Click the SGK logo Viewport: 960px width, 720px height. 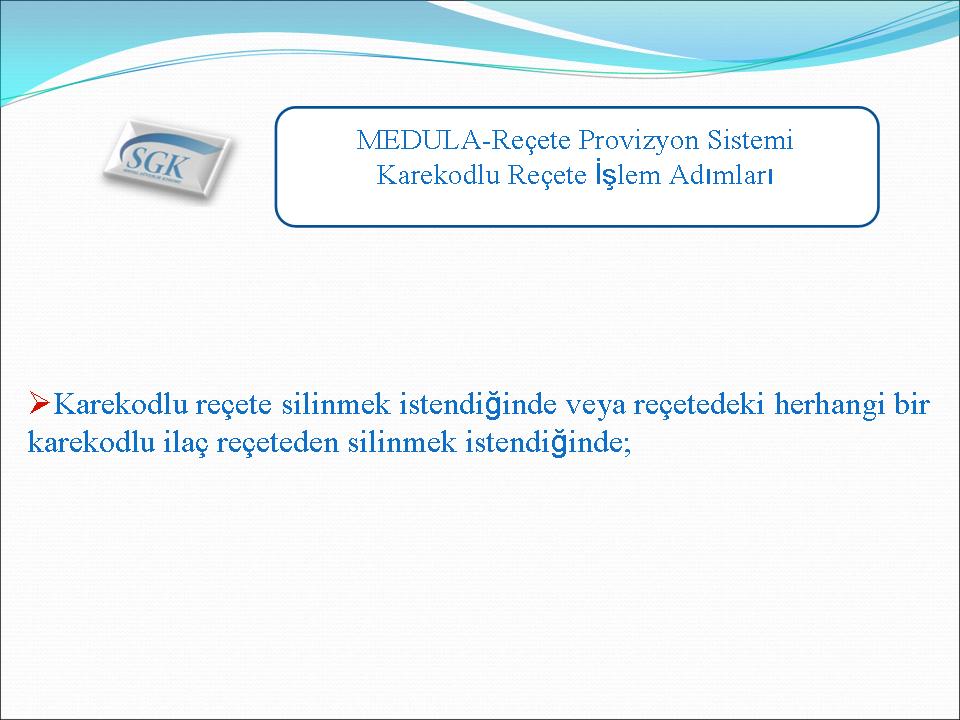click(167, 159)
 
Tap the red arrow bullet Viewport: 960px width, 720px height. click(39, 403)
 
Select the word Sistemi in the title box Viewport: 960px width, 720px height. click(751, 140)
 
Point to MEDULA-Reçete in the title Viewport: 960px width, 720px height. click(463, 141)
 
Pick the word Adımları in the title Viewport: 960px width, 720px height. click(721, 175)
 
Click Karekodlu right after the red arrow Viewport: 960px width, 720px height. click(121, 404)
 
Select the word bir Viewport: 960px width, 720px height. click(912, 404)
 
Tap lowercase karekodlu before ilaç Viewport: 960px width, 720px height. click(91, 441)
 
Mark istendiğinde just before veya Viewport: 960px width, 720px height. click(478, 405)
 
